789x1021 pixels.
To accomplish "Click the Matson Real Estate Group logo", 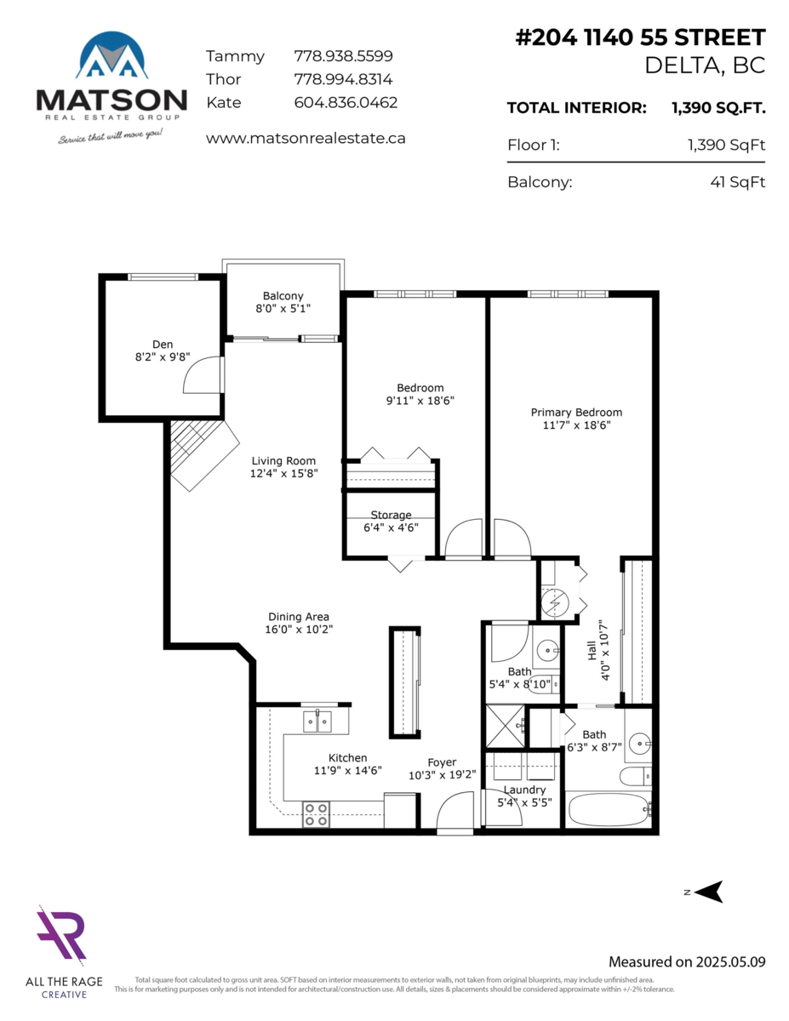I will [111, 85].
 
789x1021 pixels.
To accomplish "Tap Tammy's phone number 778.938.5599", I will [343, 56].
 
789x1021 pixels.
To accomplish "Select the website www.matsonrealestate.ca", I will [306, 137].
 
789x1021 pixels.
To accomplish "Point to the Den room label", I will [163, 344].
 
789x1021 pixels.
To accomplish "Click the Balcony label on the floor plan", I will [283, 295].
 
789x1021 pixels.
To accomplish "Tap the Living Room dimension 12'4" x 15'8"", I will [283, 474].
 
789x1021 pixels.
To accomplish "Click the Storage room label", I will [391, 515].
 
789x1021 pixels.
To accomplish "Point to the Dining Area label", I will [298, 617].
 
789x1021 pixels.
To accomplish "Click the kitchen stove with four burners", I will [317, 814].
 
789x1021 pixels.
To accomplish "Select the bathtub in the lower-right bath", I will [608, 808].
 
